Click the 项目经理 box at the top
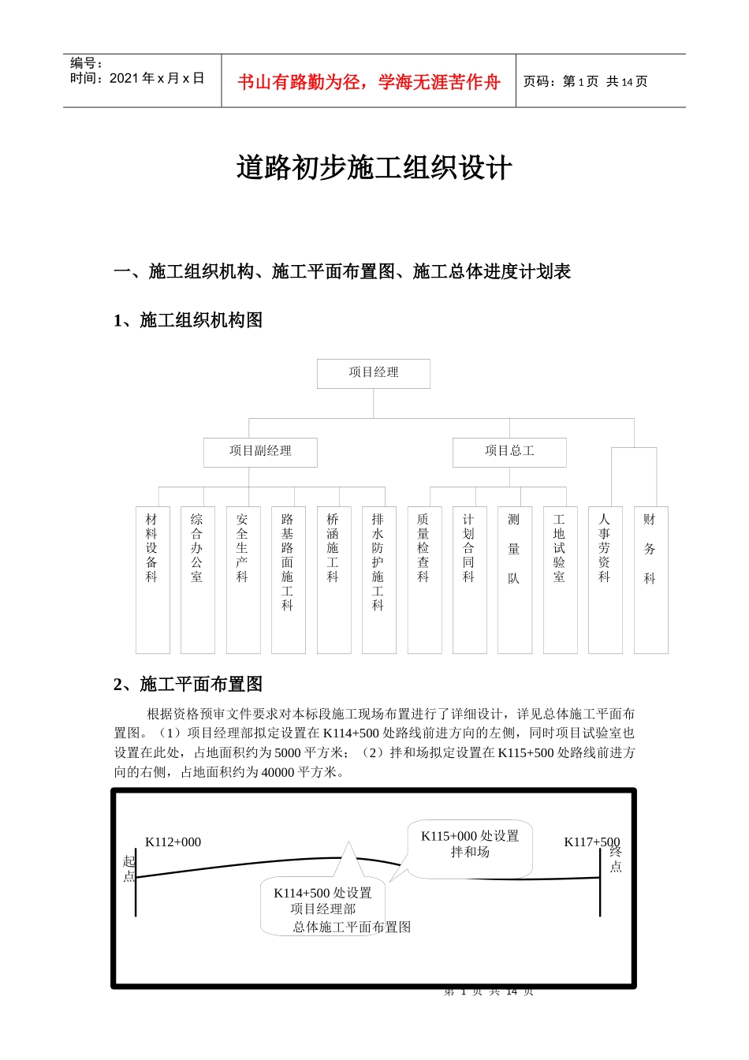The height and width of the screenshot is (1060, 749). [x=374, y=373]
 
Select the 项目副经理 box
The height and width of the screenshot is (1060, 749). [x=260, y=452]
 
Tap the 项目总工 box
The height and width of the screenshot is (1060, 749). [x=509, y=452]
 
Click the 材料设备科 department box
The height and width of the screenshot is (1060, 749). [x=152, y=579]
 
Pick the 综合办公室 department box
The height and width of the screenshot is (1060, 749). [x=197, y=579]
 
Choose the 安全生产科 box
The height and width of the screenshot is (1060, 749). [x=243, y=579]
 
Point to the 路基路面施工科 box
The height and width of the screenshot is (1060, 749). [x=288, y=579]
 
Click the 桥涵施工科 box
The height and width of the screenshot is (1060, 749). [x=334, y=579]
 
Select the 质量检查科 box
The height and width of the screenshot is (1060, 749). [x=424, y=579]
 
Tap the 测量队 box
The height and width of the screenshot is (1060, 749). [x=514, y=579]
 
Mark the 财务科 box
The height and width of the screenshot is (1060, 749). [x=650, y=579]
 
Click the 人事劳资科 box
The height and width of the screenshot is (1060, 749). [x=605, y=579]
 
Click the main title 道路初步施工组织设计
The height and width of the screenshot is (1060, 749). [x=374, y=168]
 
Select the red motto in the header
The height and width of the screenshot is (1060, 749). [x=368, y=82]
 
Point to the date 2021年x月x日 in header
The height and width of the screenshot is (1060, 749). [x=157, y=78]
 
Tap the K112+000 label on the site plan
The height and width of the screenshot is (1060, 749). [x=173, y=842]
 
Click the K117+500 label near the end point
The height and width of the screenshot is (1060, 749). [x=591, y=842]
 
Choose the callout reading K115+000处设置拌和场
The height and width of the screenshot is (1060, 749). [x=470, y=845]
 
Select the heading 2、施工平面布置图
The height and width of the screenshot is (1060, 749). [x=188, y=685]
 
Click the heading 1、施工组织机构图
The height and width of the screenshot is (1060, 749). [x=188, y=320]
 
